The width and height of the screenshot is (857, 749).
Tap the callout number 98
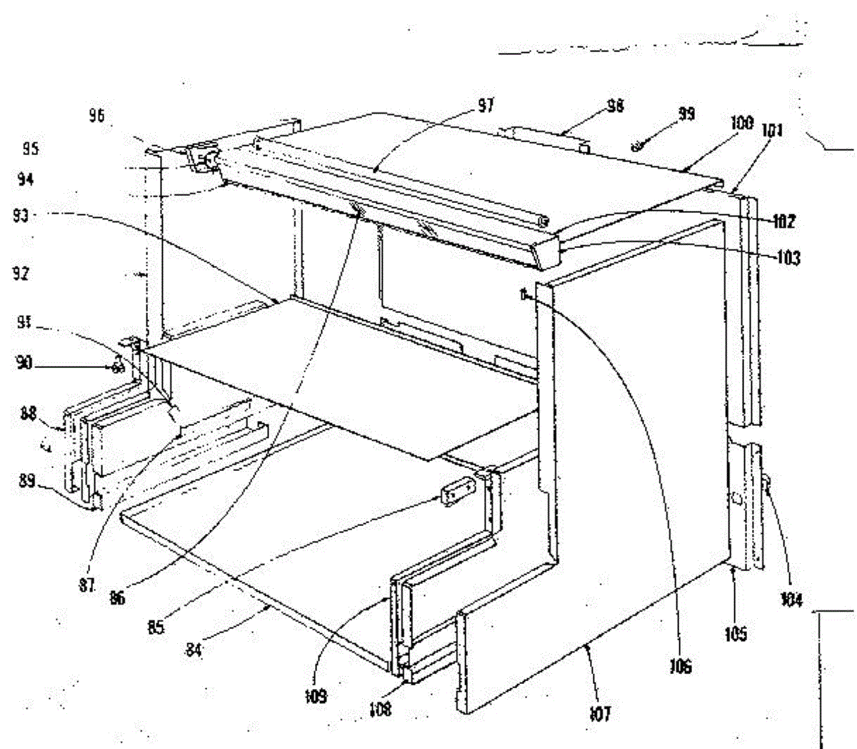pos(614,106)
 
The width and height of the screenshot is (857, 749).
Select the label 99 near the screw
pos(686,114)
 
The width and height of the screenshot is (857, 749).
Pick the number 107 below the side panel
pos(601,713)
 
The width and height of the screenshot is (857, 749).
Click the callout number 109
pos(315,695)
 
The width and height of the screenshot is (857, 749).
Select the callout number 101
pos(774,131)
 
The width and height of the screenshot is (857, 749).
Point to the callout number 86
pos(116,597)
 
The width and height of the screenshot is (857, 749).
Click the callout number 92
pos(21,274)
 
